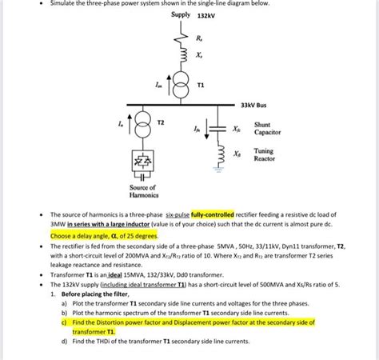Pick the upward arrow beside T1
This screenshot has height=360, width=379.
coord(168,82)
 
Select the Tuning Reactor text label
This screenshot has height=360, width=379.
coord(264,154)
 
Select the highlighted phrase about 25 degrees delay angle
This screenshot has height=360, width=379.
coord(93,236)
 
